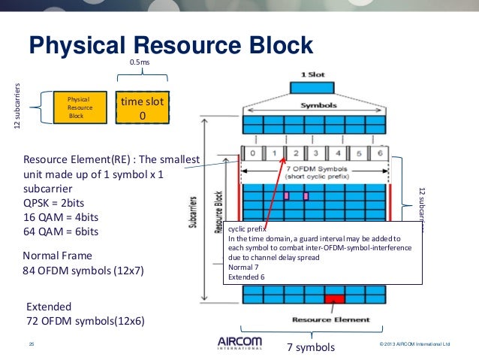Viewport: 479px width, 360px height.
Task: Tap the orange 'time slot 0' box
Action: [142, 108]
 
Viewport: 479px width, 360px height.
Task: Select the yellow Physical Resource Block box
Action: [79, 107]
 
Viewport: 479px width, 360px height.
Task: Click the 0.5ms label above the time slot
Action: [140, 62]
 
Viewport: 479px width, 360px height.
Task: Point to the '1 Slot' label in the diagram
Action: [312, 75]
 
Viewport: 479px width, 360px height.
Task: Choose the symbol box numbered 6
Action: [380, 154]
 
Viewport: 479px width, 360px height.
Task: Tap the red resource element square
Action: [333, 299]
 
